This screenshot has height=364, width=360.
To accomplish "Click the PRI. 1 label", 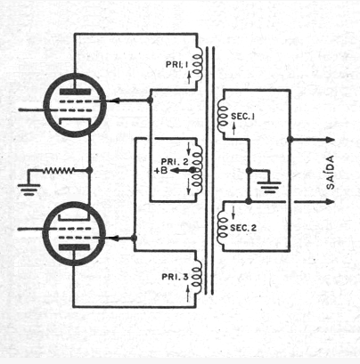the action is point(176,64).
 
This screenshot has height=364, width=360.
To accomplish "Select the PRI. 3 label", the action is point(175,277).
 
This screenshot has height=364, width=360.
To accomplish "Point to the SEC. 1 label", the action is point(242,117).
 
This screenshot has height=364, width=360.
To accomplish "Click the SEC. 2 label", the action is point(243,228).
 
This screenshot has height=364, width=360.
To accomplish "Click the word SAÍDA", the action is point(330,172).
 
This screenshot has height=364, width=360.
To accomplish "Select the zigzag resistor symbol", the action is point(58,171).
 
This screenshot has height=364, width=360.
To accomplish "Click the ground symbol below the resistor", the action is point(29,190).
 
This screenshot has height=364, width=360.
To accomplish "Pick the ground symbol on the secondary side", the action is point(269,187).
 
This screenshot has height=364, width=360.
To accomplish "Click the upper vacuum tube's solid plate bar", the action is point(75,92).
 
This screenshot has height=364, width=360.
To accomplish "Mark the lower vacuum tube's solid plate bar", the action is point(74,247).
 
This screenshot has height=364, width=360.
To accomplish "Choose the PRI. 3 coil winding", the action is point(197,278).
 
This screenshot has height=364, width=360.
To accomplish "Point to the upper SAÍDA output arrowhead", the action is point(330,140).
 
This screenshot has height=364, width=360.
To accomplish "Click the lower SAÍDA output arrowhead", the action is point(330,202).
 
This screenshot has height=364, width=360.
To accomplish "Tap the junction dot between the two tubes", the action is point(89,170).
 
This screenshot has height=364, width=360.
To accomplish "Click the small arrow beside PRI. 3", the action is point(188,294).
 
